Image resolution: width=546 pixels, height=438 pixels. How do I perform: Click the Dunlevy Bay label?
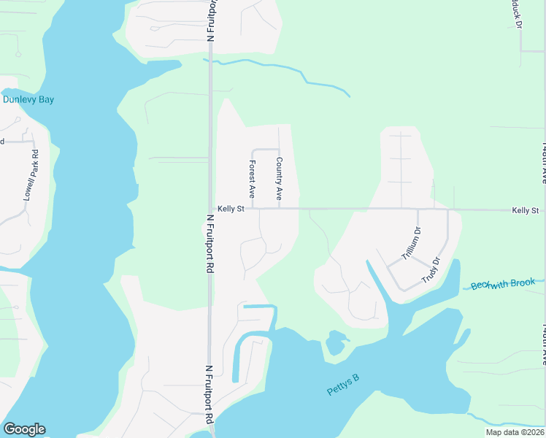click(x=29, y=99)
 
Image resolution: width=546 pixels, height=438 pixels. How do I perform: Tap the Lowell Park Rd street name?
click(x=31, y=175)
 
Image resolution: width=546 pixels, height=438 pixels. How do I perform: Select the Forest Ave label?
click(x=252, y=180)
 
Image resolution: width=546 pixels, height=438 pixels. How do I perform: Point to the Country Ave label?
click(x=279, y=180)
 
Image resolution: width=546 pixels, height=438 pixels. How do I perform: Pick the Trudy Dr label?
click(x=431, y=270)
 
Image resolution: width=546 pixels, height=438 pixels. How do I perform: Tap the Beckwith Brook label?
click(x=508, y=283)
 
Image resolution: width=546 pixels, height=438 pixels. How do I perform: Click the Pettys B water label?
click(x=343, y=384)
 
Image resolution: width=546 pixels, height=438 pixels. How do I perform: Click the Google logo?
click(x=24, y=429)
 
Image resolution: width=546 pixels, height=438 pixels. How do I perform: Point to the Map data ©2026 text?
click(x=514, y=432)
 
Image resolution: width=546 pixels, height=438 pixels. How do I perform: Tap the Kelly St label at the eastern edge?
click(x=525, y=210)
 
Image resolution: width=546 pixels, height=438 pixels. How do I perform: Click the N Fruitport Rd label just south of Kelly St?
click(x=209, y=244)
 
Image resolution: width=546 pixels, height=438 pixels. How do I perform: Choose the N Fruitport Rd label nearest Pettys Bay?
click(x=209, y=394)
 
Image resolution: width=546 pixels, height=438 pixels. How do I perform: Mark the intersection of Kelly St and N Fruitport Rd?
click(x=210, y=209)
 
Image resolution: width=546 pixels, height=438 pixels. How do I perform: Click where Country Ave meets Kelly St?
click(x=279, y=209)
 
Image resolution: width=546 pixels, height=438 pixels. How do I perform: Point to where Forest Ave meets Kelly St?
click(x=253, y=209)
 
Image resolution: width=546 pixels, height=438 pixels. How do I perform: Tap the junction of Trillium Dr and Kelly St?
click(x=418, y=210)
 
